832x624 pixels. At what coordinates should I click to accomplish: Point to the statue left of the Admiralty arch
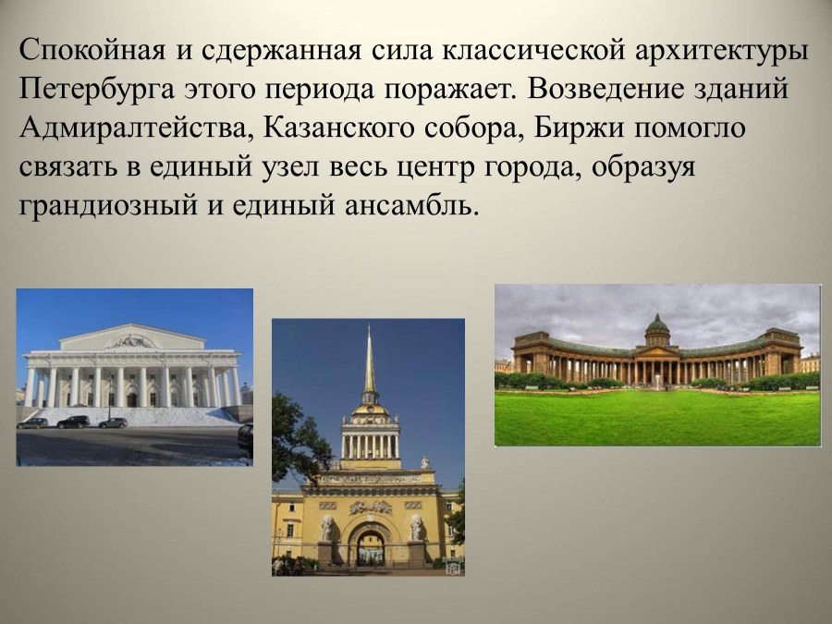(327, 528)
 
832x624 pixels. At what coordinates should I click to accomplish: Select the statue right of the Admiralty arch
(415, 528)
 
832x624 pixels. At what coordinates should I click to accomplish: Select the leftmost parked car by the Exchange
(32, 422)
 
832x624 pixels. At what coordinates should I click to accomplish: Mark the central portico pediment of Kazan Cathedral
(657, 349)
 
